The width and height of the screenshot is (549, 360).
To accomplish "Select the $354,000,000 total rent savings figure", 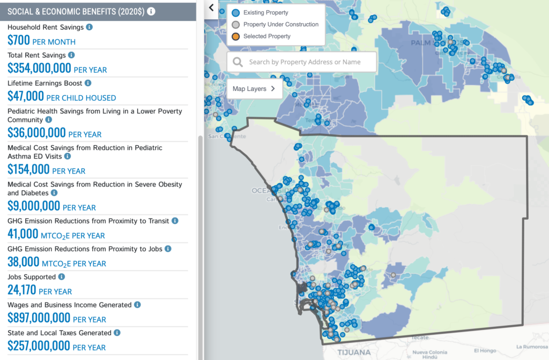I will coord(39,69).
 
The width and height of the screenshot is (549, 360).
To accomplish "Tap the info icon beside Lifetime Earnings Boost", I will coord(88,83).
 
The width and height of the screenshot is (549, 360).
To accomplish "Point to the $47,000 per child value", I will coord(26,97).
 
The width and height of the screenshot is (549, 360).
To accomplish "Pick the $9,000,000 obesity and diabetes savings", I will coord(34,206).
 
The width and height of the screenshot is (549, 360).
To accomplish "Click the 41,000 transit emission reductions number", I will coord(23,235).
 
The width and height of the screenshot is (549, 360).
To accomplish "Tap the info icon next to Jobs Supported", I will coord(61,277).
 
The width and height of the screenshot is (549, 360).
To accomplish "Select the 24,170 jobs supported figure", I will coord(22,290).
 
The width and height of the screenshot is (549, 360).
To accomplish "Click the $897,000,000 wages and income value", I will coord(39,318).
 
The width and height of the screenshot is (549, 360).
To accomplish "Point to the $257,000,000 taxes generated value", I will coord(39,347).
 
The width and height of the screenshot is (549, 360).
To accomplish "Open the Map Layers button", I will coord(254,89).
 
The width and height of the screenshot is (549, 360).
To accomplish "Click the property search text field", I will coord(308,62).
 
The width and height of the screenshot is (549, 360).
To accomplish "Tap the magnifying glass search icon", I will coord(238,62).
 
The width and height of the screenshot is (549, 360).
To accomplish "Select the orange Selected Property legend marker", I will coord(235,36).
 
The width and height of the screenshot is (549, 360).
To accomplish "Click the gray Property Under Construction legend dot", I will coord(235,25).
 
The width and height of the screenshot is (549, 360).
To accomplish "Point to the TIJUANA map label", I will coord(354,352).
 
